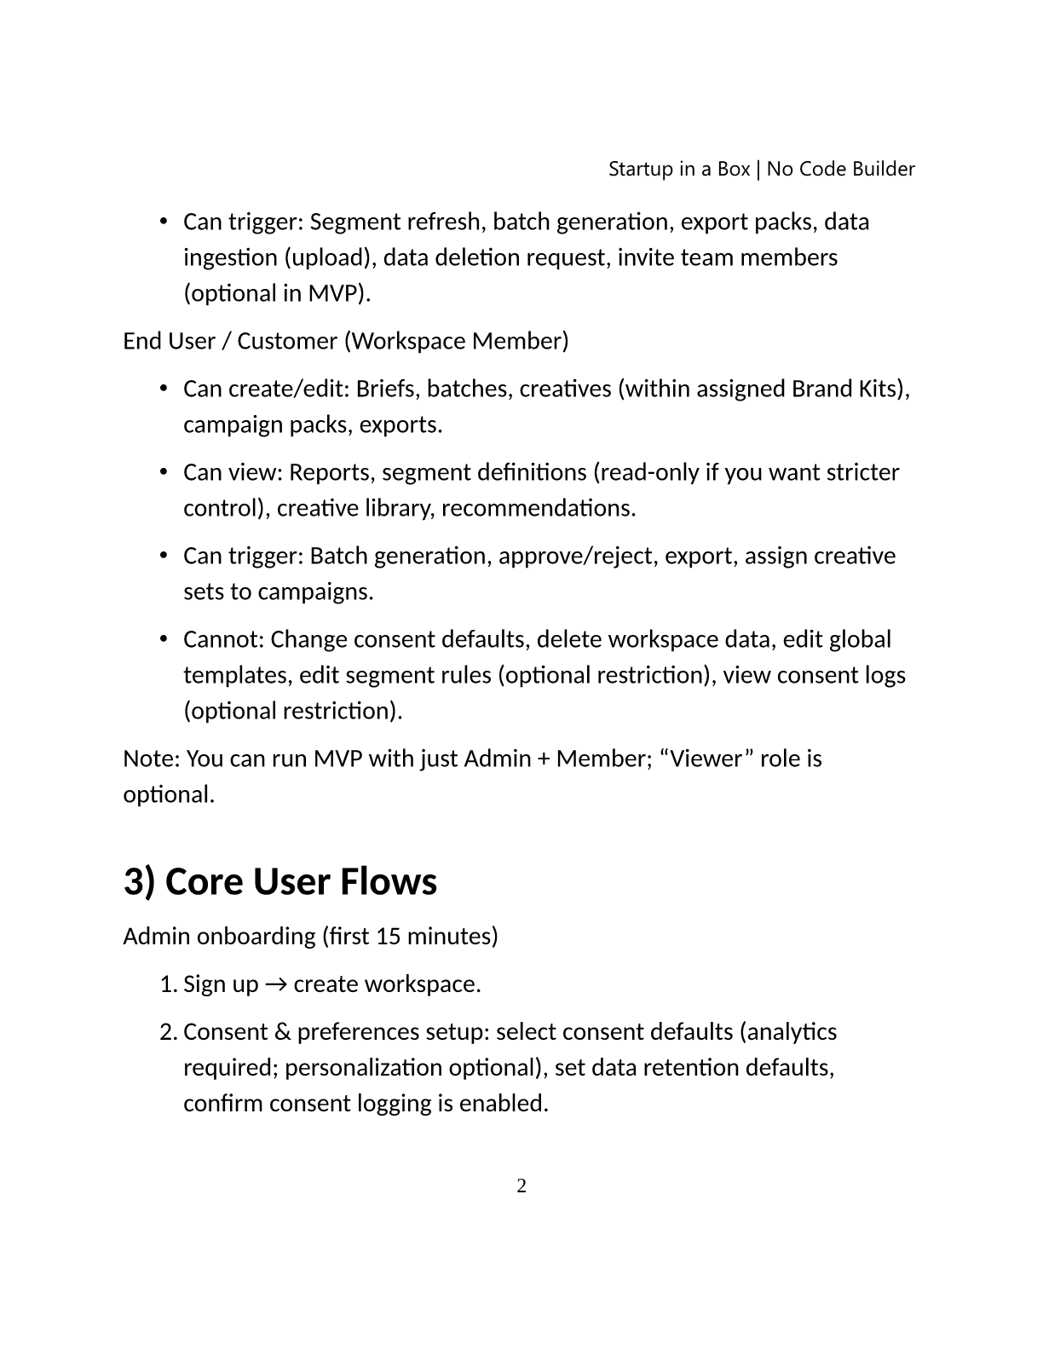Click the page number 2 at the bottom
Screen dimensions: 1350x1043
click(x=521, y=1186)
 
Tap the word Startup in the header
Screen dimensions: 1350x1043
click(x=640, y=169)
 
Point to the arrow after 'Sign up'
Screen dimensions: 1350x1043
click(x=275, y=984)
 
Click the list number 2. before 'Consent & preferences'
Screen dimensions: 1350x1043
click(x=168, y=1032)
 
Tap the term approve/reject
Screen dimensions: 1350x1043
click(x=575, y=556)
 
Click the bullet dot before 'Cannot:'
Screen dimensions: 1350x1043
click(x=163, y=639)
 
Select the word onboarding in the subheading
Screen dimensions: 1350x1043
click(x=256, y=937)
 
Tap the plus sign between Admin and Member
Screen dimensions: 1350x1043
click(x=543, y=759)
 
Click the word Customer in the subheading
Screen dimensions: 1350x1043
click(x=286, y=341)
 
